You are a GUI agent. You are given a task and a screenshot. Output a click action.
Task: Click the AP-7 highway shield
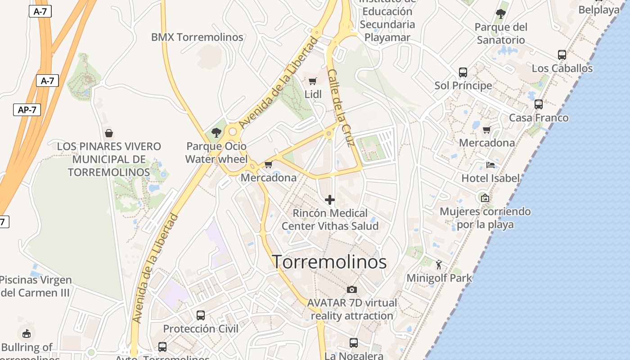[x=27, y=109]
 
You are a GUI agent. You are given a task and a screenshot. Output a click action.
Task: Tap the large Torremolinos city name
[x=329, y=262]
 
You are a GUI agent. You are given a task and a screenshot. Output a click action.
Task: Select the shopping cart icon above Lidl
[x=313, y=81]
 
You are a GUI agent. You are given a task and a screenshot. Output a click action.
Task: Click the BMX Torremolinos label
[x=197, y=37]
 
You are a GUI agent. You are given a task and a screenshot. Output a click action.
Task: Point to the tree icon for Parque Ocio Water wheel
[x=216, y=132]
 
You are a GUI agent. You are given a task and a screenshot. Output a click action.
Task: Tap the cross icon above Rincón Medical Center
[x=330, y=200]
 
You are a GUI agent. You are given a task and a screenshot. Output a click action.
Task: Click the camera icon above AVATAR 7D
[x=352, y=289]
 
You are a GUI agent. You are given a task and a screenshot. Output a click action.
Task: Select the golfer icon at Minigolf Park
[x=439, y=265]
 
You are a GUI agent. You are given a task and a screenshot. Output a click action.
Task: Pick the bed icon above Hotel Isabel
[x=490, y=165]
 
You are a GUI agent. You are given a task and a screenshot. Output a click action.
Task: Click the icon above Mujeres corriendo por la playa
[x=485, y=198]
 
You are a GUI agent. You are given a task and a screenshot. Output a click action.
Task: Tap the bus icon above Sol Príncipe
[x=463, y=72]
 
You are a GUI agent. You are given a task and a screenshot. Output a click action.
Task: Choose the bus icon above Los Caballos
[x=562, y=55]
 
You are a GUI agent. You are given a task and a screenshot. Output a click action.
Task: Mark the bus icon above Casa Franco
[x=539, y=104]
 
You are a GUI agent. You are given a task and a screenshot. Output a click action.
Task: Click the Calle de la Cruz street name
[x=341, y=108]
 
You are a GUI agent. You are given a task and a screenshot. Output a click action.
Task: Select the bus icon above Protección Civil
[x=201, y=315]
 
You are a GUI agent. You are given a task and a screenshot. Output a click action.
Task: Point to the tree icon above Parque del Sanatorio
[x=500, y=14]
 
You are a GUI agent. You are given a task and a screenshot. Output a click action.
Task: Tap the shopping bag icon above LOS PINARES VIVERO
[x=108, y=133]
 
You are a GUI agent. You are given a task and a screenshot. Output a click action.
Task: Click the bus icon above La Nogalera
[x=354, y=343]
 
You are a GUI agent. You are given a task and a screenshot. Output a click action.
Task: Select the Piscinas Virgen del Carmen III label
[x=36, y=286]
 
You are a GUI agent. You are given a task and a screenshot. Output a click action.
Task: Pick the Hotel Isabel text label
[x=490, y=178]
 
